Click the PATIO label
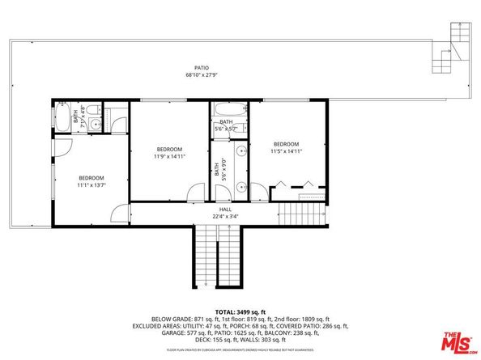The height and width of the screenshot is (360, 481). (202, 68)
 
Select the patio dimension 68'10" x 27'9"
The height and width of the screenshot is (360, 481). (202, 75)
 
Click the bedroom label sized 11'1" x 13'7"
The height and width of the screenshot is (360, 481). (91, 177)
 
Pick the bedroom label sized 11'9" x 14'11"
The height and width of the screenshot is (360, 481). (169, 149)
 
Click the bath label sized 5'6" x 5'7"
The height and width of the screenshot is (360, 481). (226, 122)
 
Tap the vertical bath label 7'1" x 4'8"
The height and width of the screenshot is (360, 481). (76, 118)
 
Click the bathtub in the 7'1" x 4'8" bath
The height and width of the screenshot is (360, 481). (63, 118)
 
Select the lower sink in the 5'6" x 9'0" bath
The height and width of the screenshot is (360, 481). (240, 188)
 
